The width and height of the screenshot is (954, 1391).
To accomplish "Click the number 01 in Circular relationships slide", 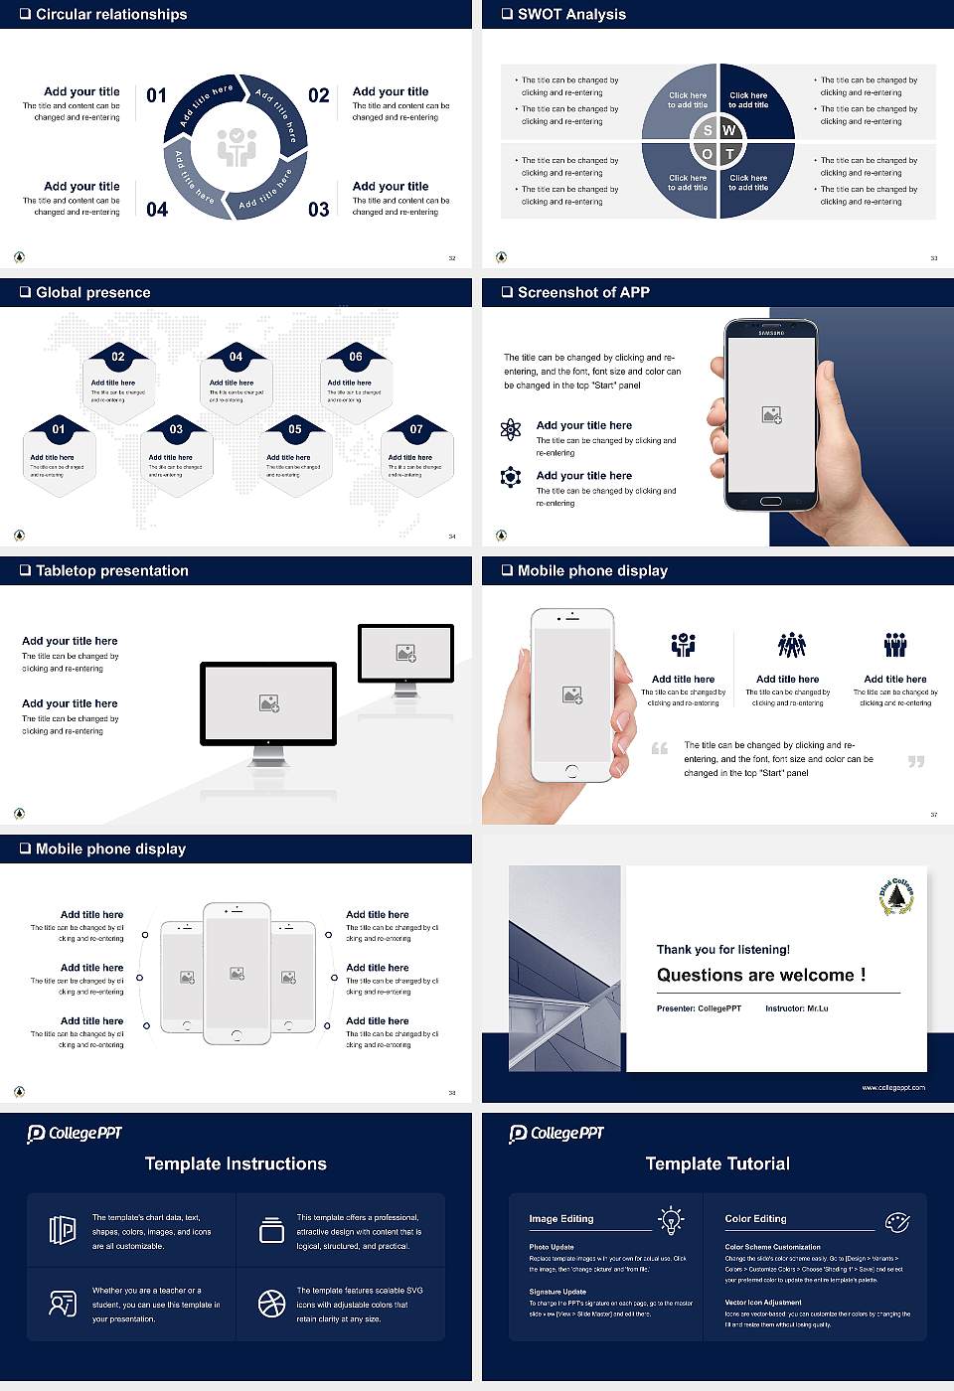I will coord(157,95).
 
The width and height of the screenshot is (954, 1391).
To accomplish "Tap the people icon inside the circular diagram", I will coord(237,147).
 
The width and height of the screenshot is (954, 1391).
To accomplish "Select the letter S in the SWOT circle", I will coord(708,130).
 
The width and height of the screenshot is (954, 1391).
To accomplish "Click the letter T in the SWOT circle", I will coord(729,154).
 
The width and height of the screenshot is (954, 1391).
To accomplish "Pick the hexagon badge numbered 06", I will coord(356,357).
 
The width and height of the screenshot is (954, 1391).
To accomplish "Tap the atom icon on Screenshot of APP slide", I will coord(511,429).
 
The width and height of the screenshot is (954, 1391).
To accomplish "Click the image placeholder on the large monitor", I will coord(268,703).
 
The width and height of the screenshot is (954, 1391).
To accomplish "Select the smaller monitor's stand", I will coord(405,688).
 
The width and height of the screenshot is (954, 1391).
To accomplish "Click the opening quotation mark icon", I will coord(660,748).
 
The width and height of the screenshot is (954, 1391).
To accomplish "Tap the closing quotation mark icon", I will coord(916,761).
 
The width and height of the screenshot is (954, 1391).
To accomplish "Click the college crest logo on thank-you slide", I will coord(896,896).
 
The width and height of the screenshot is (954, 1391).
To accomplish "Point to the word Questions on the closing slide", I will coord(700,975).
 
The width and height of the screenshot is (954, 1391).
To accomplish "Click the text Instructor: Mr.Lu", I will coord(796,1008).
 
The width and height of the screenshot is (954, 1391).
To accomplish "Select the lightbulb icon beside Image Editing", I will coord(671,1220).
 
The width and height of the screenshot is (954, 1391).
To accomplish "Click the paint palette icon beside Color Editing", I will coord(896,1221).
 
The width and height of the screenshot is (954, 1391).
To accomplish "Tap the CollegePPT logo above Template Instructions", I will coord(75,1134).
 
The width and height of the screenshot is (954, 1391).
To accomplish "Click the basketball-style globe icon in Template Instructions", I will coord(271,1304).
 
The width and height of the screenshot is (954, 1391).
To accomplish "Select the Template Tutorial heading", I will coord(717,1163).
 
